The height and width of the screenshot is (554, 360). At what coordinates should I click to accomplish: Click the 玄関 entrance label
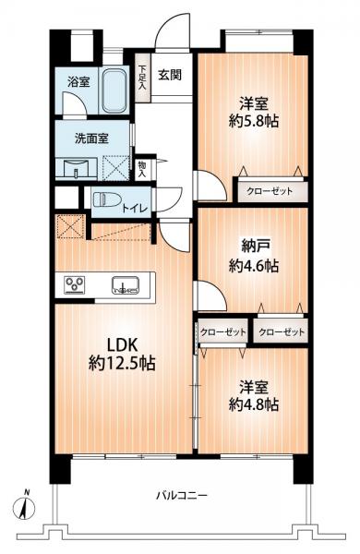click(x=168, y=75)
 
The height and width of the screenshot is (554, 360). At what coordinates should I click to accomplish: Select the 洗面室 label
click(x=92, y=139)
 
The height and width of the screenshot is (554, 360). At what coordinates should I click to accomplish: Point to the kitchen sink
click(x=126, y=284)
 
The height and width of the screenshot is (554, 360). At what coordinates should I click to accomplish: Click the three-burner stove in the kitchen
click(x=75, y=284)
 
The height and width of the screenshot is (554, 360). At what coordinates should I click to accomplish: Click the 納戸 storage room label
click(x=244, y=247)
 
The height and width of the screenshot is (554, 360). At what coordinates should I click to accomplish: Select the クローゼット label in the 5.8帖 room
click(x=270, y=193)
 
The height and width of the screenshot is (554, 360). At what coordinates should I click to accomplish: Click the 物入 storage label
click(x=141, y=168)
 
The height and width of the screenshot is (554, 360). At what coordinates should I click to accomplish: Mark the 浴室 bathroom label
click(x=76, y=81)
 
